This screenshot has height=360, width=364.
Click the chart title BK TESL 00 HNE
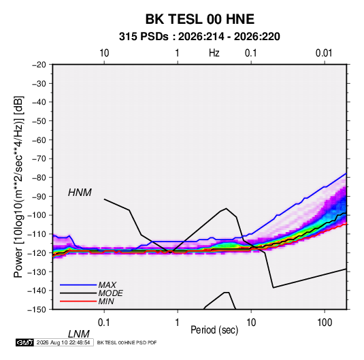(x=200, y=19)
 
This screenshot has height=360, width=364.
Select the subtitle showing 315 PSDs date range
(x=199, y=37)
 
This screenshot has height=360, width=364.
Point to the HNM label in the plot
(x=80, y=193)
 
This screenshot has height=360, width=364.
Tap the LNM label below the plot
(x=78, y=334)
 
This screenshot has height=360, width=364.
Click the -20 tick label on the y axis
(x=39, y=65)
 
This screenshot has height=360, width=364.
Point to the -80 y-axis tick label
(x=39, y=178)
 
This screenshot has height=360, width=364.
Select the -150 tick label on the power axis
(x=37, y=310)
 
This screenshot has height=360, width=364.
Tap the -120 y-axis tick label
(x=37, y=252)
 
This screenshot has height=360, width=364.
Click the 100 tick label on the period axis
(x=325, y=323)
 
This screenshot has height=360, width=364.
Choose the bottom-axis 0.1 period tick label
(x=103, y=323)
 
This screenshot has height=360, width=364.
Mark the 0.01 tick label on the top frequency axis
(x=324, y=53)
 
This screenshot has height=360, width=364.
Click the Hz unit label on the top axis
(x=214, y=53)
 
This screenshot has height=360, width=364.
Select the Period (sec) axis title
(x=214, y=330)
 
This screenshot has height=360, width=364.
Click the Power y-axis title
(x=18, y=186)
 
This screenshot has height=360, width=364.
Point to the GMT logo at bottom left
(x=25, y=342)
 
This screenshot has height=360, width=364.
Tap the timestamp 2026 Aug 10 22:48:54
(x=63, y=342)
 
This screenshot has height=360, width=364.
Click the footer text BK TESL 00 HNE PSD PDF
(x=127, y=342)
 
